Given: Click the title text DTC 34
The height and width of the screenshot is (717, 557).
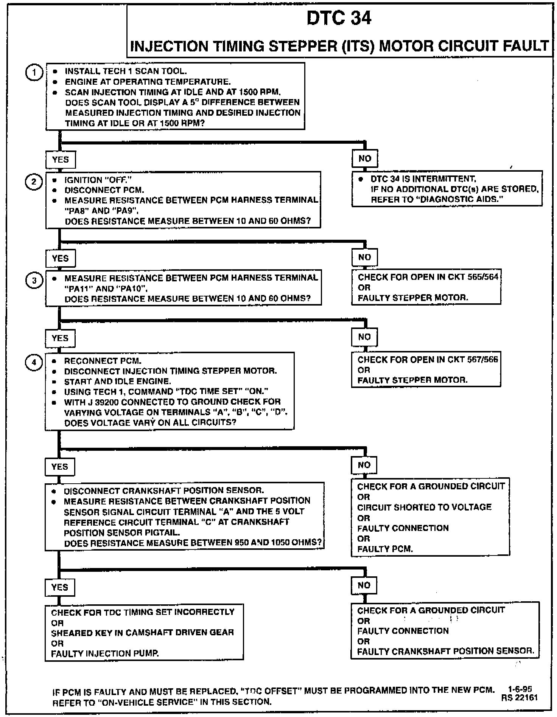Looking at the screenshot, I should click(x=339, y=18).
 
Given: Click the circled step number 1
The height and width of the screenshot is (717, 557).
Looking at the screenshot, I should click(x=34, y=73).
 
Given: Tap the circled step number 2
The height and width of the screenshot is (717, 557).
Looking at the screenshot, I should click(x=34, y=182).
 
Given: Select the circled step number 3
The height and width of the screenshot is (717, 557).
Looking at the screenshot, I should click(x=34, y=280).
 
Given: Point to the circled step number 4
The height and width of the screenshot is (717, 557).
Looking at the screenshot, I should click(x=34, y=363).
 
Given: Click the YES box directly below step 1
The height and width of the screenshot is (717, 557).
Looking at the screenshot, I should click(x=60, y=160).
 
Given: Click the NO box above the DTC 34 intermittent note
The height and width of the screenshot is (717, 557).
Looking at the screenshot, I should click(x=364, y=158).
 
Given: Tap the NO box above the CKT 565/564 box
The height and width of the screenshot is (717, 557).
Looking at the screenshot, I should click(x=364, y=257).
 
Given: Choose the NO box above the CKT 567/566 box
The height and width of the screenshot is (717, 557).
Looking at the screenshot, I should click(x=364, y=337).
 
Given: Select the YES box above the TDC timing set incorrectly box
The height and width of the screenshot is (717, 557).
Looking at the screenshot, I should click(x=59, y=587).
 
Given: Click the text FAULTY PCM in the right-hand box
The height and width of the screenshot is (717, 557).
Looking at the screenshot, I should click(x=384, y=549).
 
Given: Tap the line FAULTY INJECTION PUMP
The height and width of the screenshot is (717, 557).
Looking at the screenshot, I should click(x=105, y=653).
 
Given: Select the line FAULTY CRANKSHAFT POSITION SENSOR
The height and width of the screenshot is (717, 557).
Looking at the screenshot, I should click(x=445, y=651).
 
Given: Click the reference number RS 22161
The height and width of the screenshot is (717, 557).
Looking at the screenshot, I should click(x=519, y=698).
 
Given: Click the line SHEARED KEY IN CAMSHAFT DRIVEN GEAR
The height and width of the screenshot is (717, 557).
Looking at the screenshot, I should click(x=142, y=632).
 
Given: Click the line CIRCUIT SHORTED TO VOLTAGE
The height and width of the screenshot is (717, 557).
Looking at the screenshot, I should click(x=424, y=507).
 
